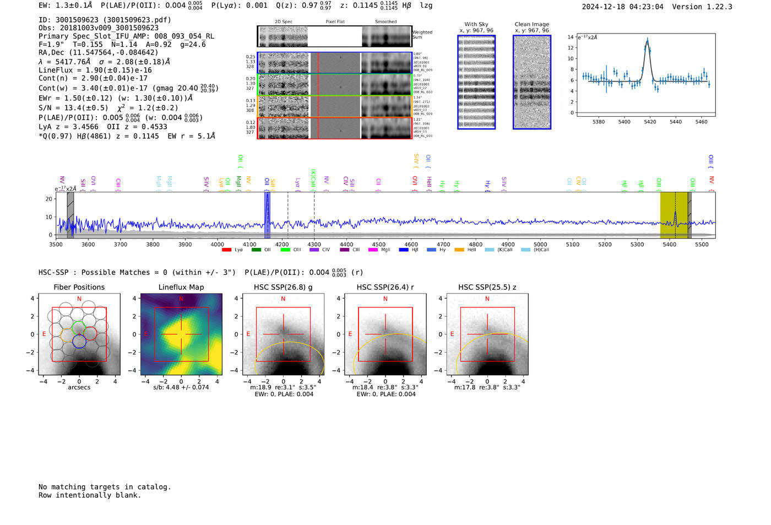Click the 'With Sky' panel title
[x=476, y=24]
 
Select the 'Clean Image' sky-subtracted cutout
[x=531, y=82]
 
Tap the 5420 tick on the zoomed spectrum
[x=650, y=122]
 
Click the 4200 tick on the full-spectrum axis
[x=282, y=244]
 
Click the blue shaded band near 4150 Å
[x=267, y=215]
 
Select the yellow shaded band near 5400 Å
[x=674, y=215]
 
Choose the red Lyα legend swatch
[x=226, y=250]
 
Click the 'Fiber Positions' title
[x=79, y=287]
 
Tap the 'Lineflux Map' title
[x=181, y=287]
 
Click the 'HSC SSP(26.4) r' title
[x=385, y=287]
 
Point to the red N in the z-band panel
[x=487, y=299]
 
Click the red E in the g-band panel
[x=248, y=334]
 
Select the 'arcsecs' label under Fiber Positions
[x=79, y=387]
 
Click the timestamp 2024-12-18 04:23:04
[x=622, y=7]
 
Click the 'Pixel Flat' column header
[x=335, y=21]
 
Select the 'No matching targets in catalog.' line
[x=105, y=487]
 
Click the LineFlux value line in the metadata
[x=95, y=70]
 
